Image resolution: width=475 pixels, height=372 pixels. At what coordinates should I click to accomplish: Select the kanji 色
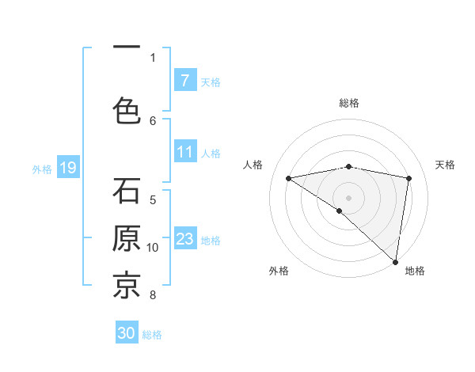[127, 109]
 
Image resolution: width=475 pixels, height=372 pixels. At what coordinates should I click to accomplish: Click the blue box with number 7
[185, 80]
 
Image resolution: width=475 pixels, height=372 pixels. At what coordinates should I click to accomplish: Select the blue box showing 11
[185, 152]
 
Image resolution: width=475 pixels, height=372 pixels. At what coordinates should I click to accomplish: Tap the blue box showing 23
[185, 239]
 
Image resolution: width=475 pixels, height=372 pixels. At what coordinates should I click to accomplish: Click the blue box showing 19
[67, 168]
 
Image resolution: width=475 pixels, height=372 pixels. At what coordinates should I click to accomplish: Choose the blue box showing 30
[127, 333]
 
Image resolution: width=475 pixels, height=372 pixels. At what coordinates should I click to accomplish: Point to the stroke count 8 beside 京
[153, 296]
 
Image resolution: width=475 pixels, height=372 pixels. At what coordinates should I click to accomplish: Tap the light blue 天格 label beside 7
[211, 82]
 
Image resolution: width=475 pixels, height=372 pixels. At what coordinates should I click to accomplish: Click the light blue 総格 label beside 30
[152, 335]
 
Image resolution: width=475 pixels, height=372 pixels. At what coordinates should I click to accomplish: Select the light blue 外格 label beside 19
[42, 169]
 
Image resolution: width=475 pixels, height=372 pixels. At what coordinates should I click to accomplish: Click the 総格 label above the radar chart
[349, 103]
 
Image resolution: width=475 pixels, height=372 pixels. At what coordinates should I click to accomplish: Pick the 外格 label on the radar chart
[279, 271]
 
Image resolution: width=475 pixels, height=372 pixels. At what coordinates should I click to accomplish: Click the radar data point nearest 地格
[395, 261]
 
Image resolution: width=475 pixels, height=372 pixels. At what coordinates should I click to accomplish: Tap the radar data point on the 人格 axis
[289, 178]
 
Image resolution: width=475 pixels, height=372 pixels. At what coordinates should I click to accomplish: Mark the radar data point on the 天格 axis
[409, 178]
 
